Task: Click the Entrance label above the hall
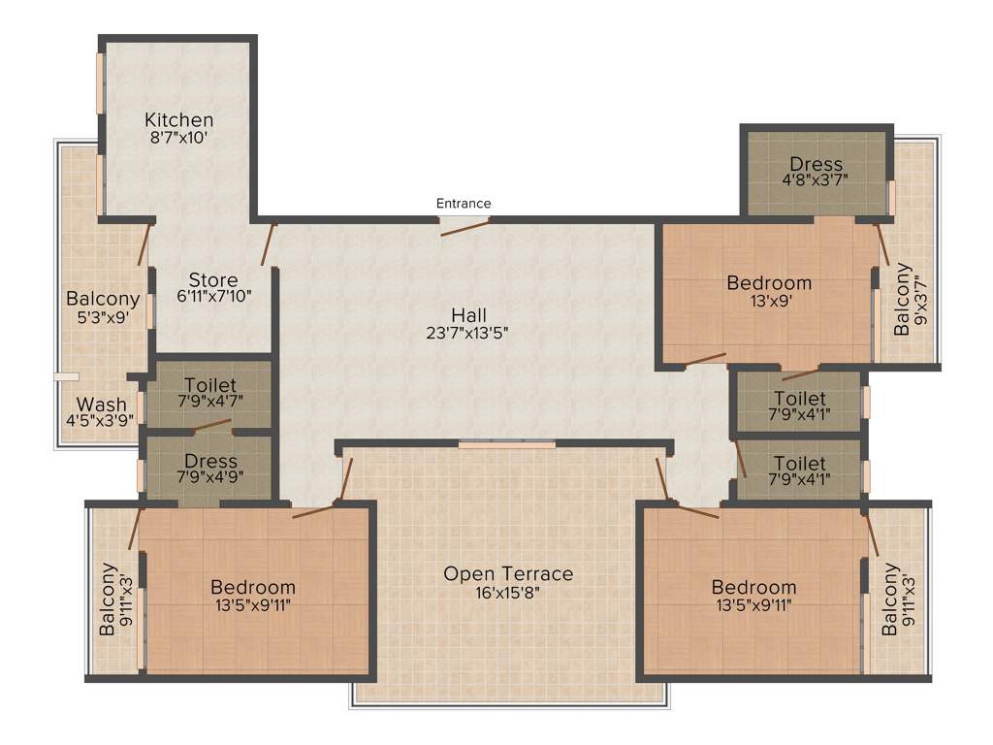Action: (x=464, y=204)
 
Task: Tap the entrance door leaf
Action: (x=464, y=226)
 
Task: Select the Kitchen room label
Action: (x=178, y=120)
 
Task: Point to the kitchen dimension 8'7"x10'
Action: (x=178, y=138)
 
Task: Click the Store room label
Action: (x=213, y=280)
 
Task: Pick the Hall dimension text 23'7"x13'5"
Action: (x=468, y=332)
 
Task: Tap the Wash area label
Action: (x=101, y=405)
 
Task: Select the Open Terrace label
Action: (x=508, y=574)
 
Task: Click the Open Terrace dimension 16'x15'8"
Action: (x=508, y=592)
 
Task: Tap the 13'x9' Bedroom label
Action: (x=769, y=283)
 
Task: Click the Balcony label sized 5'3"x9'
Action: (x=103, y=299)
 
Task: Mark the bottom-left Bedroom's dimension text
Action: (x=252, y=604)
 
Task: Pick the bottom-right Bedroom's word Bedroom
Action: (x=753, y=587)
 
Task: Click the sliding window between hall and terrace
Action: (x=507, y=445)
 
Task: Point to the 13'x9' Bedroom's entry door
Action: (x=705, y=362)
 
